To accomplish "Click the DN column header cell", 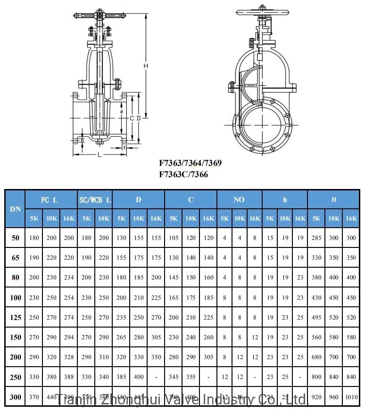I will [x=16, y=208].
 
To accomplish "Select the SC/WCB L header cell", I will [x=95, y=200].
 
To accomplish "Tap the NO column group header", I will [x=239, y=200].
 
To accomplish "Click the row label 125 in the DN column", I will [x=16, y=318].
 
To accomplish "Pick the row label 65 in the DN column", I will [x=16, y=258].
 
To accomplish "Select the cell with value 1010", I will [x=351, y=397].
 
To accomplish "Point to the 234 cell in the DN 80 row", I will [x=69, y=278].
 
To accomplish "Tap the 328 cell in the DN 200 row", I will [x=69, y=357].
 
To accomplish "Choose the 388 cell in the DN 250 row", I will [x=69, y=377].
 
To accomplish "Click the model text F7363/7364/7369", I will [x=190, y=164].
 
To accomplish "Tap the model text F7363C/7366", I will [x=183, y=174].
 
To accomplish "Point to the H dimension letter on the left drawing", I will [x=146, y=66].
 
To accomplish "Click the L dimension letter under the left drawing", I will [x=99, y=156].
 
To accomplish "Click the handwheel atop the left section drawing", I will [x=100, y=15].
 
